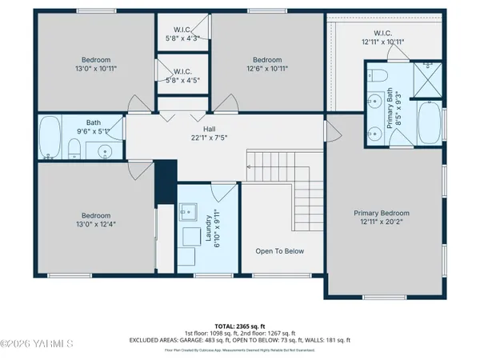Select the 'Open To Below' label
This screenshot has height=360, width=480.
279,251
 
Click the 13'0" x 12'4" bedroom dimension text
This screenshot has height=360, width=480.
95,225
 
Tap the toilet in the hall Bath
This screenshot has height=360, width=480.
74,147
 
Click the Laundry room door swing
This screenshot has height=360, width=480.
226,191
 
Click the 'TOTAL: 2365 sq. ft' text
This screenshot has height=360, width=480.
239,326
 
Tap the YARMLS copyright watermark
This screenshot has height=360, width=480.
37,345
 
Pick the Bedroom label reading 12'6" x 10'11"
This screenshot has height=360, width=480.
267,64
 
